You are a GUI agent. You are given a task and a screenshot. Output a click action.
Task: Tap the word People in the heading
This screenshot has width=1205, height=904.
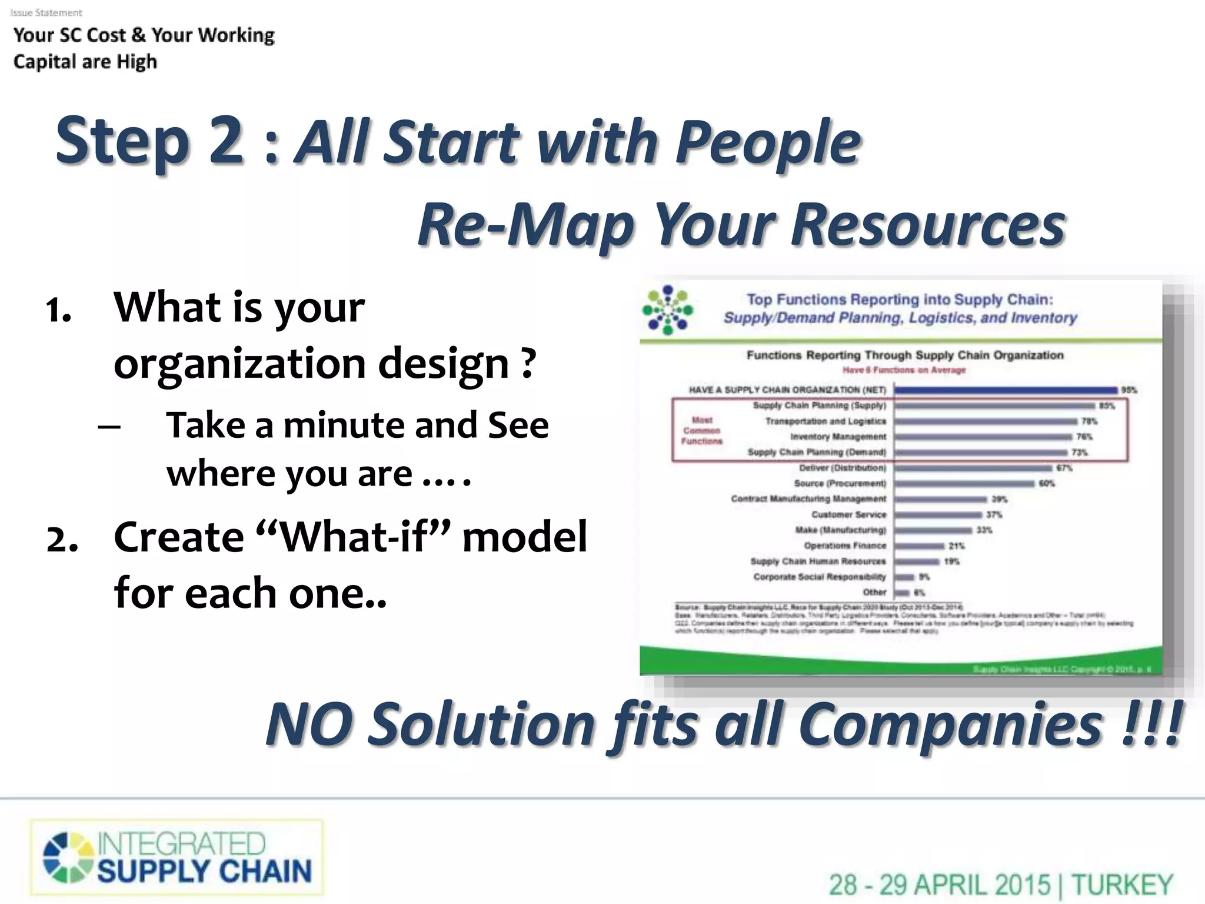(x=768, y=142)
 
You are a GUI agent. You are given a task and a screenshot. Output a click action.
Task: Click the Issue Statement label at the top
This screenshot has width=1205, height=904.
(x=46, y=12)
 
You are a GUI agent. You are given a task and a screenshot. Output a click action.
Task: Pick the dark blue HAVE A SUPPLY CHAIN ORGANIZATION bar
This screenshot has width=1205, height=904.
(x=1005, y=390)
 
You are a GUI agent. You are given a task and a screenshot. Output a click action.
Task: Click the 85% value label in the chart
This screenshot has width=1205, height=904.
(x=1107, y=406)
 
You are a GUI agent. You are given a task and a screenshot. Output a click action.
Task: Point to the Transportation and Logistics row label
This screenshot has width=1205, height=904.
(x=825, y=421)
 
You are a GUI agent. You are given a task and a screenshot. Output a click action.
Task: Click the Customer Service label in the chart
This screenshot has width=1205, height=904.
(x=848, y=514)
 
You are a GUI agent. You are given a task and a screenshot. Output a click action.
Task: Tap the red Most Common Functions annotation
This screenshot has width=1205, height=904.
(x=701, y=430)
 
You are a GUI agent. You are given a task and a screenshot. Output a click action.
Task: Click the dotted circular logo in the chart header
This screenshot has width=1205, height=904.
(x=667, y=310)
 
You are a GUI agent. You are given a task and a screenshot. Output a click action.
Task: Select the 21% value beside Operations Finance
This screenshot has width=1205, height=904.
(x=956, y=546)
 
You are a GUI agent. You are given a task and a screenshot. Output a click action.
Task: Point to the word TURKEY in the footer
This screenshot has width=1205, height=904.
(x=1121, y=885)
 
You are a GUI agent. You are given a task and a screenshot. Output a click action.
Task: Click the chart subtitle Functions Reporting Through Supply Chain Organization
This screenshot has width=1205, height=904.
(x=904, y=355)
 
